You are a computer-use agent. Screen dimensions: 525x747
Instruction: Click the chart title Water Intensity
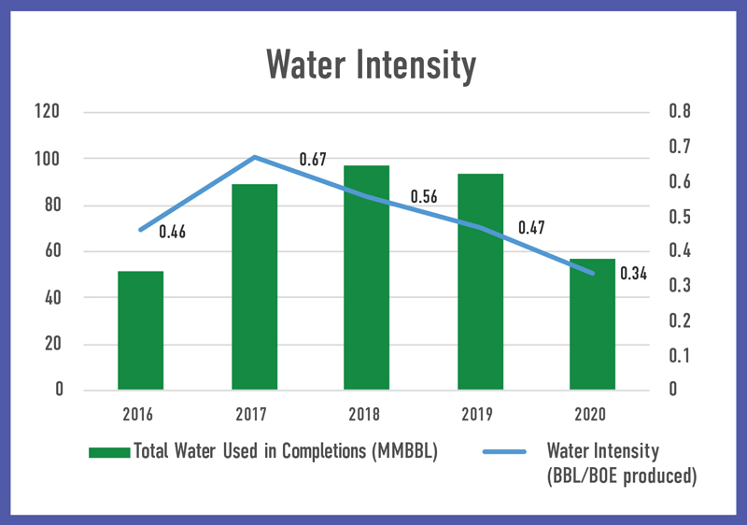(371, 65)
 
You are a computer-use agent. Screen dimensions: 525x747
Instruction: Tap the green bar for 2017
(254, 287)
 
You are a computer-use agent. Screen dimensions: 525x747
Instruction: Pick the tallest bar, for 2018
(367, 277)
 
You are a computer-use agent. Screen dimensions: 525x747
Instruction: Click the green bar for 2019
(480, 281)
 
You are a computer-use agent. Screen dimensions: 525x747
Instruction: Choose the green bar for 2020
(593, 324)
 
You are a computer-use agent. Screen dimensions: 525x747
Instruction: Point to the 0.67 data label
(313, 161)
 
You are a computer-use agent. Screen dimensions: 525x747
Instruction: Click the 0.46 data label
(172, 233)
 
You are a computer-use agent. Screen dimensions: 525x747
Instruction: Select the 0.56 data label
(425, 199)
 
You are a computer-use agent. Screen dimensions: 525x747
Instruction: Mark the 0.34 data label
(634, 274)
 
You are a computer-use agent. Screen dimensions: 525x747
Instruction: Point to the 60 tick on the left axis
(50, 251)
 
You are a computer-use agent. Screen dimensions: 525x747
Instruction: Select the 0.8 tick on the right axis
(680, 112)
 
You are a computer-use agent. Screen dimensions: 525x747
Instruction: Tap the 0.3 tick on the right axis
(680, 286)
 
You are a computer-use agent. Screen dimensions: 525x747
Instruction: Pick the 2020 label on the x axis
(593, 415)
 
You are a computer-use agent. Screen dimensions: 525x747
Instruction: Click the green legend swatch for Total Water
(109, 452)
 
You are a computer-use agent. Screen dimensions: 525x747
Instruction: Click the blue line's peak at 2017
(255, 157)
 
